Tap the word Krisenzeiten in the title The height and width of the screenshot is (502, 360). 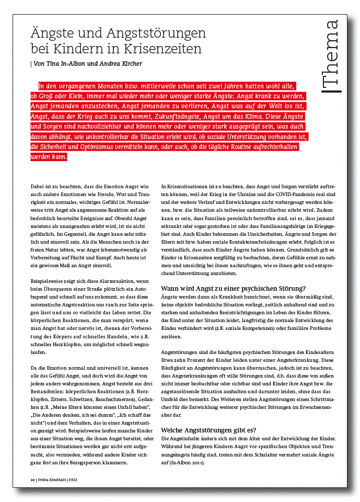point(162,50)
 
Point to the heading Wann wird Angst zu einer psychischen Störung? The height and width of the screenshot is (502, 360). point(233,288)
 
